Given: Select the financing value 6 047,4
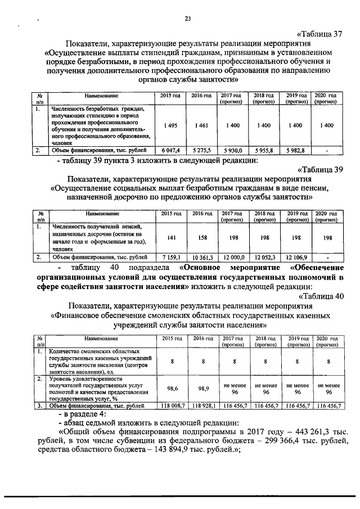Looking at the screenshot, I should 169,151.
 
